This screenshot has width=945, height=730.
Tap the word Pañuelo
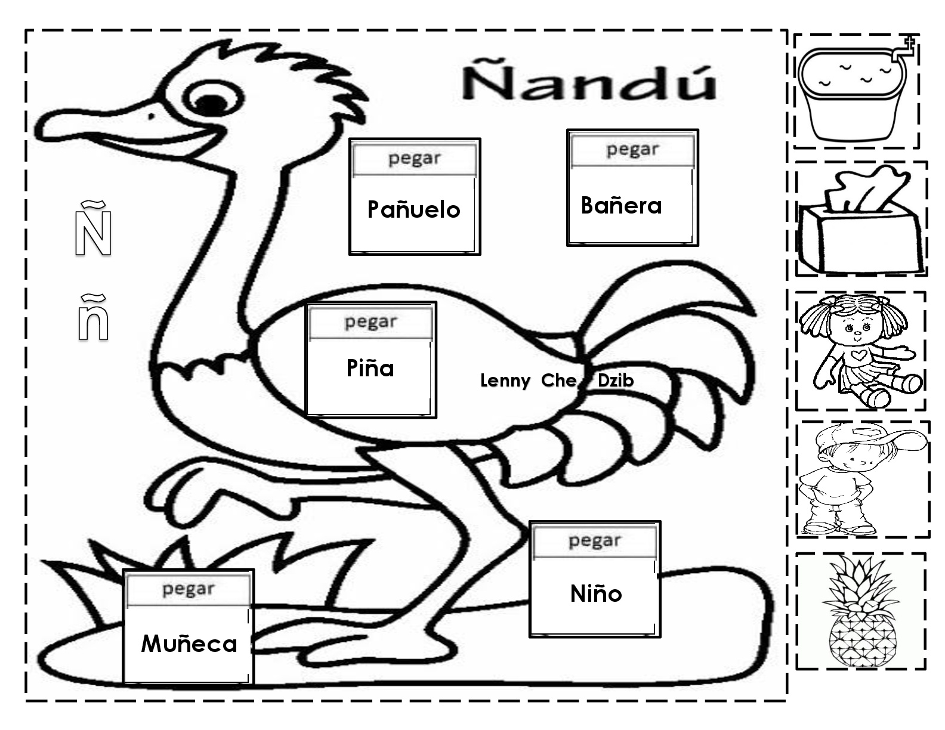tap(413, 209)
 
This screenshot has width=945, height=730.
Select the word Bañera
tap(621, 205)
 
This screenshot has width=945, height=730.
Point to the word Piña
tap(370, 368)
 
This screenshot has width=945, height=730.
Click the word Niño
tap(595, 593)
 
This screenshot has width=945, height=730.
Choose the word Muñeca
tap(189, 644)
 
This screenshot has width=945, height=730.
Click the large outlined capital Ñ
tap(93, 230)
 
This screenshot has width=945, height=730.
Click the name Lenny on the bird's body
tap(505, 381)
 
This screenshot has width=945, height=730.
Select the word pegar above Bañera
tap(632, 149)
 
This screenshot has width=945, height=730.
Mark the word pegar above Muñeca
tap(187, 589)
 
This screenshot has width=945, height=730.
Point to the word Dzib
tap(615, 381)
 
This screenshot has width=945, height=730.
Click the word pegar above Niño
tap(594, 540)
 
